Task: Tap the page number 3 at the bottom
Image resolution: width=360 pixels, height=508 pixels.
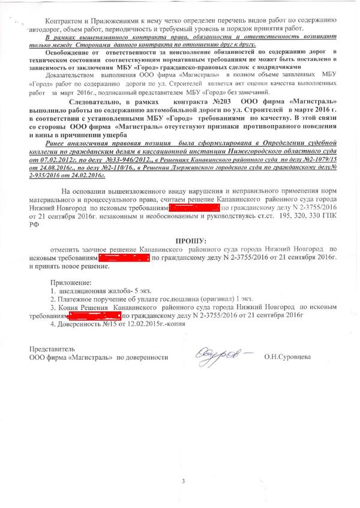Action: coord(184,481)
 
